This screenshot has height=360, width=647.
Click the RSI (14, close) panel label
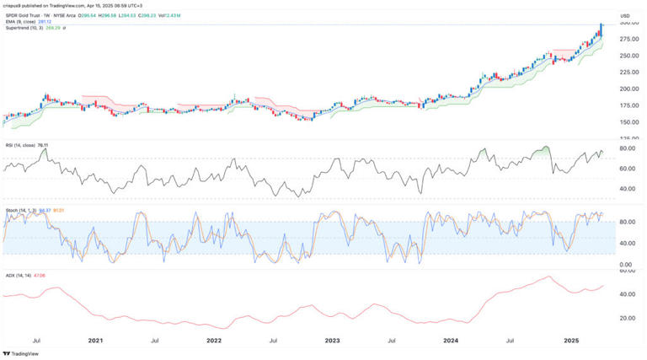pyautogui.click(x=20, y=144)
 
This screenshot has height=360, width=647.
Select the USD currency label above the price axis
pyautogui.click(x=625, y=16)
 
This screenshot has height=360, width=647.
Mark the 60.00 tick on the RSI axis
pyautogui.click(x=626, y=169)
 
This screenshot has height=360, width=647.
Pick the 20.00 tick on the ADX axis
pyautogui.click(x=626, y=319)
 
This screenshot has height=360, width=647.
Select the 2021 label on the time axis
pyautogui.click(x=95, y=341)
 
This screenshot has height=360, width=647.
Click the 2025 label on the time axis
pyautogui.click(x=570, y=341)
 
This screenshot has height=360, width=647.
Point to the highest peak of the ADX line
pyautogui.click(x=549, y=277)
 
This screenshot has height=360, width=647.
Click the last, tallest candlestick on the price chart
pyautogui.click(x=601, y=30)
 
